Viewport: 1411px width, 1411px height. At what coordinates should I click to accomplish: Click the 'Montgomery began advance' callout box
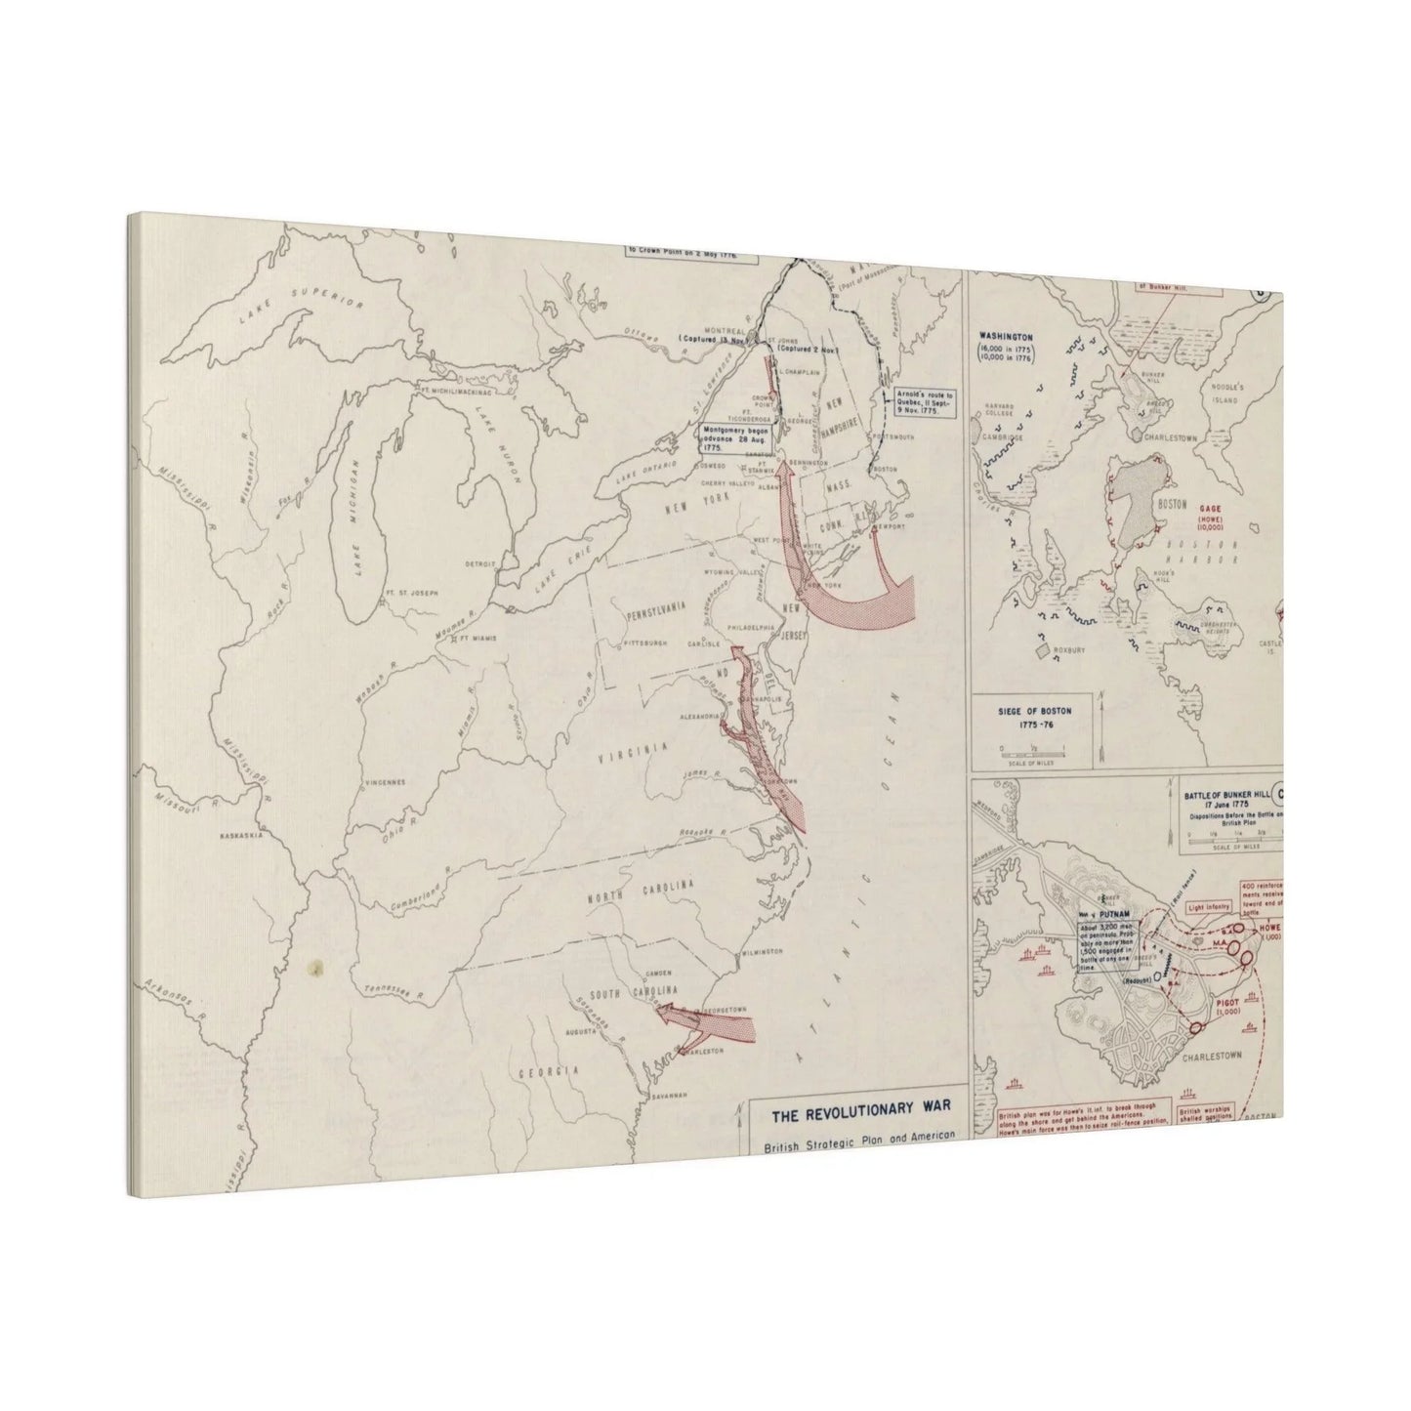730,436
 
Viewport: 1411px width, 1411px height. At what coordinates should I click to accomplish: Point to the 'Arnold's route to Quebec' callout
921,402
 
